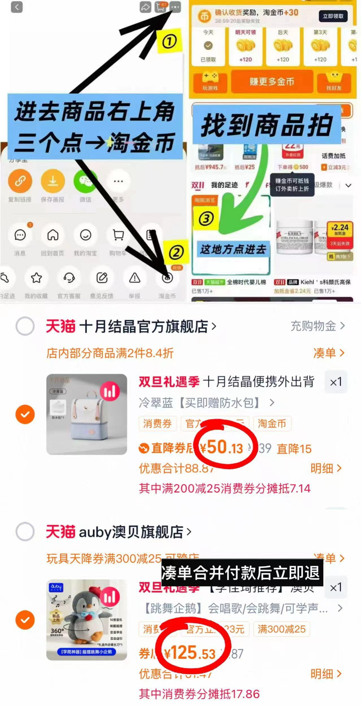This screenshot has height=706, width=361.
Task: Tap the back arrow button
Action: pyautogui.click(x=16, y=7)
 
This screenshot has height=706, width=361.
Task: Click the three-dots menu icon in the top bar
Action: pyautogui.click(x=175, y=7)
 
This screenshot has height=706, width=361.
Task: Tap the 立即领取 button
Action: pyautogui.click(x=333, y=16)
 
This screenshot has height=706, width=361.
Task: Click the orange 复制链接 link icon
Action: pyautogui.click(x=20, y=181)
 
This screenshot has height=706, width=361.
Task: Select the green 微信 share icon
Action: pyautogui.click(x=85, y=181)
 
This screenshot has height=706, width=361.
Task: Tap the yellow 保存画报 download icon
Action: pyautogui.click(x=53, y=181)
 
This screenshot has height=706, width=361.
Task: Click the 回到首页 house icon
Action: pyautogui.click(x=53, y=235)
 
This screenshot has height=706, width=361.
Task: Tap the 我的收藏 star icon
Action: pyautogui.click(x=36, y=278)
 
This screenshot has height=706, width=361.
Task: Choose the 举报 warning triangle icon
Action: pyautogui.click(x=135, y=278)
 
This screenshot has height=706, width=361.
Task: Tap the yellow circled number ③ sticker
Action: pyautogui.click(x=206, y=218)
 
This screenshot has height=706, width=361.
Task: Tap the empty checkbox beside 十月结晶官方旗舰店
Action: pyautogui.click(x=25, y=326)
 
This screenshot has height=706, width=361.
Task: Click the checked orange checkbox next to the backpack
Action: pyautogui.click(x=25, y=414)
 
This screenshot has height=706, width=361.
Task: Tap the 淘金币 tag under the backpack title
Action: pyautogui.click(x=272, y=423)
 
